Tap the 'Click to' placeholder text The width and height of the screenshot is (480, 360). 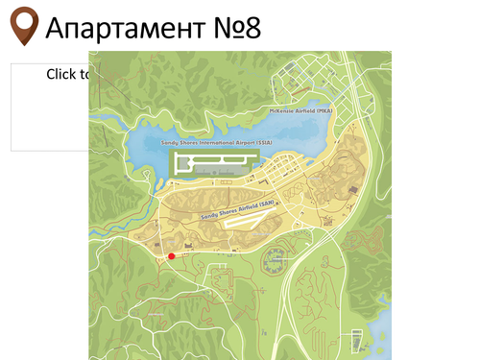click(68, 74)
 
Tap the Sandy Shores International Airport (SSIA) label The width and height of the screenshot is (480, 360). click(217, 142)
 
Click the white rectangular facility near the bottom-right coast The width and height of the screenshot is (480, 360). click(358, 340)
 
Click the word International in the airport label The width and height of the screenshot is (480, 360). click(219, 142)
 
